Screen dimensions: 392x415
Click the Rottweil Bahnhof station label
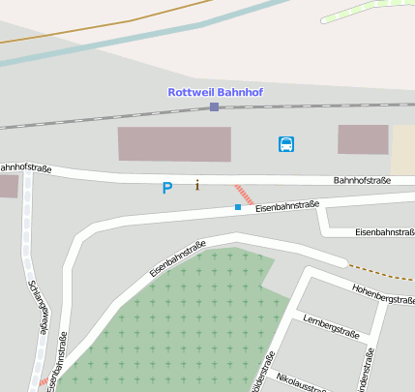pos(215,92)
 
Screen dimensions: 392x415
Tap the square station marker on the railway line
pos(215,106)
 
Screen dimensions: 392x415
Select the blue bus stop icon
pos(286,144)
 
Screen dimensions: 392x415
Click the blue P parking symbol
pos(167,188)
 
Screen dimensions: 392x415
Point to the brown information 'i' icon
pos(197,185)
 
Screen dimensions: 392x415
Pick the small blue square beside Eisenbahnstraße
pos(238,206)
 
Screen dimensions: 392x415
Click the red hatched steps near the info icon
pos(244,193)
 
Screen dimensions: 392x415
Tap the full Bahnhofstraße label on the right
pos(362,180)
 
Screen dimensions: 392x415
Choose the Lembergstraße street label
pos(331,327)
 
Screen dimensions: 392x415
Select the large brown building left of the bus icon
pos(174,144)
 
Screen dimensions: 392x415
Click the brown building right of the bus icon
pos(363,139)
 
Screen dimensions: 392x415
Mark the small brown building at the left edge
pos(8,186)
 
